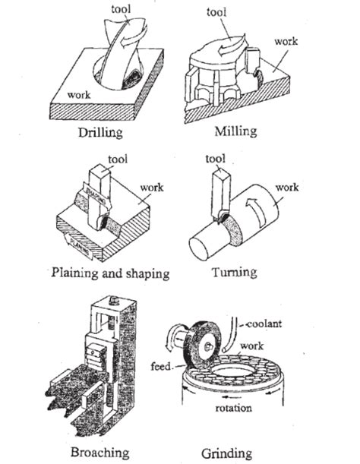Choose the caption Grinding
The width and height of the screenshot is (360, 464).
coord(226,453)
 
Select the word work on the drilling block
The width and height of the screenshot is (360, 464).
coord(80,96)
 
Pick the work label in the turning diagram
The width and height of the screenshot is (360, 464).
coord(286,187)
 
